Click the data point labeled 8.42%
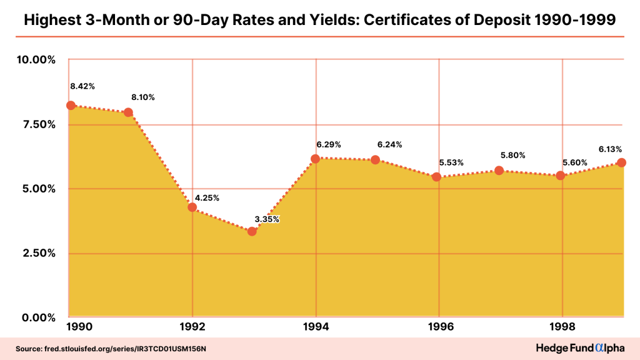tap(71, 106)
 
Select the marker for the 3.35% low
tap(252, 231)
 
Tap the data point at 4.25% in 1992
tap(192, 207)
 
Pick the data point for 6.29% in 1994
tap(316, 159)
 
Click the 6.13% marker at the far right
tap(622, 162)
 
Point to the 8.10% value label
tap(142, 97)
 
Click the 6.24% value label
tap(390, 144)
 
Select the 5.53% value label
tap(451, 163)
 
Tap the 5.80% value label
tap(513, 155)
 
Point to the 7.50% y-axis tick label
tap(35, 124)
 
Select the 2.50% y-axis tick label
tap(35, 253)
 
